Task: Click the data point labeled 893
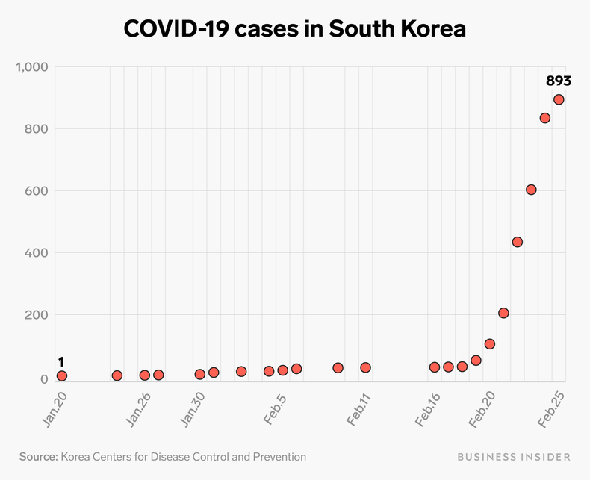coord(559,100)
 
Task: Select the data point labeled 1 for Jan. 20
coord(62,375)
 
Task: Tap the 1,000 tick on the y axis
coord(32,67)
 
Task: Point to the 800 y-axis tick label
coord(37,128)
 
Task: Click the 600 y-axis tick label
coord(37,190)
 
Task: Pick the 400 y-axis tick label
coord(37,252)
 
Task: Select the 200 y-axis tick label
coord(37,314)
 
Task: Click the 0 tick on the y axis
coord(44,379)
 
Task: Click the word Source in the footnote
coord(39,456)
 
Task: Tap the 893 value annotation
coord(558,81)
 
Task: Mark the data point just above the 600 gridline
coord(531,190)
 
